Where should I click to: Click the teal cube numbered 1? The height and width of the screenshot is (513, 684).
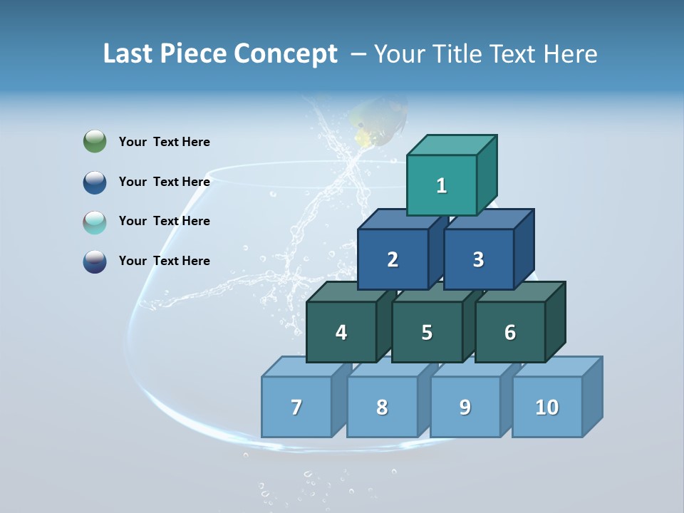coord(442,185)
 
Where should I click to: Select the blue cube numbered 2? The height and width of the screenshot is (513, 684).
coord(393,259)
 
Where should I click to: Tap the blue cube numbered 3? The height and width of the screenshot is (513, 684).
coord(478,259)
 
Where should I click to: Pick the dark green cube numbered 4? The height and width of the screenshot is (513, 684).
coord(341,332)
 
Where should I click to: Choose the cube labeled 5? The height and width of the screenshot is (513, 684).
coord(427,332)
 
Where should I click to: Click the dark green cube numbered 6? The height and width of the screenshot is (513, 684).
coord(510,332)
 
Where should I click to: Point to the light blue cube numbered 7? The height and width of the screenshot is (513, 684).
coord(296,407)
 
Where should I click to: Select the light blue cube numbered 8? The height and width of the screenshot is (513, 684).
coord(382,407)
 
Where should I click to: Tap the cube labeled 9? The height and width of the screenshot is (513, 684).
coord(465,407)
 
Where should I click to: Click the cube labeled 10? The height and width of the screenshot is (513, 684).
coord(547,407)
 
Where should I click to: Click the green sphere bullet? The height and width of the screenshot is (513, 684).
coord(95,142)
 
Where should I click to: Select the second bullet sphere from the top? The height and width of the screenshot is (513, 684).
coord(95,182)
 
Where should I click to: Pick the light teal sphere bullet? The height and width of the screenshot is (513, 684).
coord(95,222)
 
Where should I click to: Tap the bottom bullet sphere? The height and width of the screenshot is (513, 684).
coord(95,261)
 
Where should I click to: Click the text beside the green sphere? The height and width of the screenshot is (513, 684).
coord(165,142)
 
